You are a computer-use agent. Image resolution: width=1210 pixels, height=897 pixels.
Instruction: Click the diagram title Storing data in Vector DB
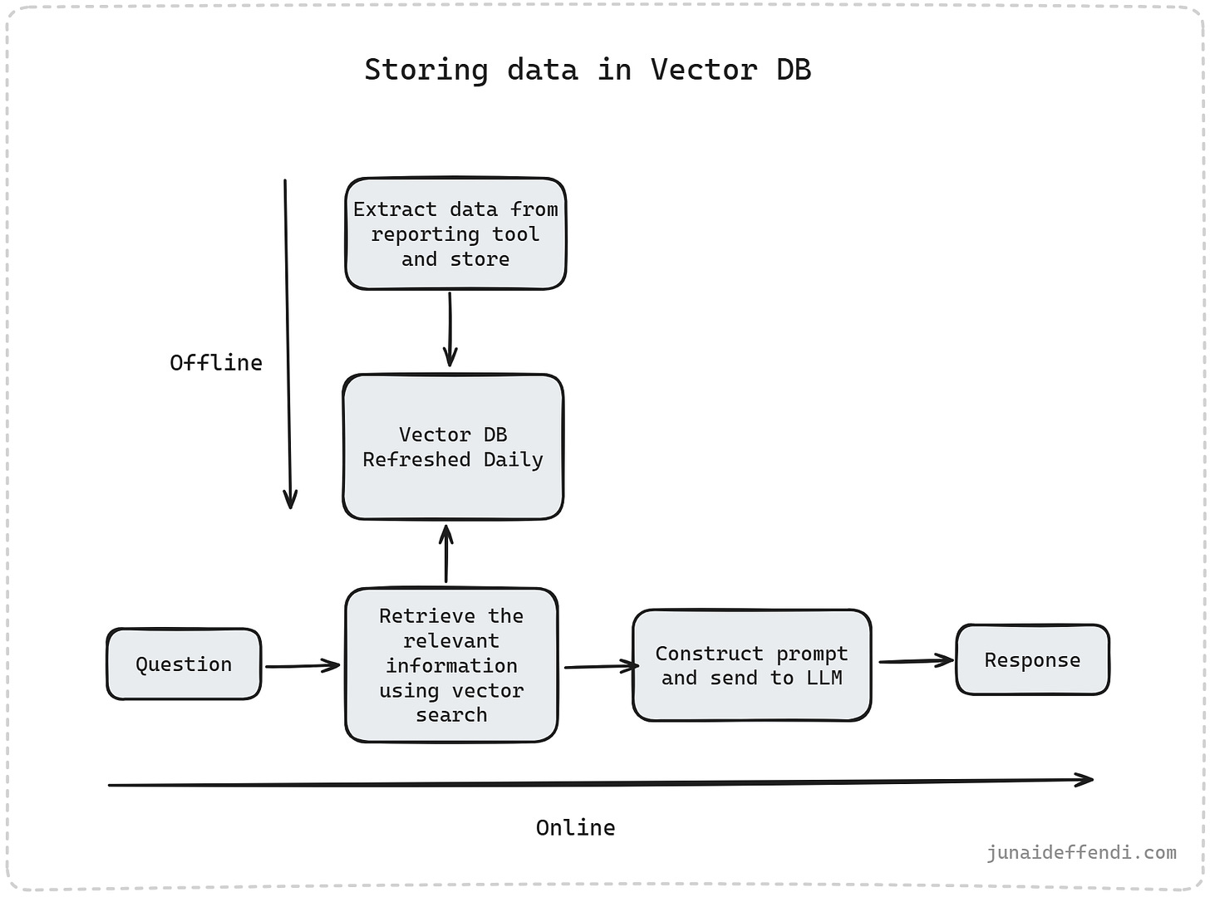point(588,70)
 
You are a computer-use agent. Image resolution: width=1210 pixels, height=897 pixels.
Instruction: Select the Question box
point(184,664)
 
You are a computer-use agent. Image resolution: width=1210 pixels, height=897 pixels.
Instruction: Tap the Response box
point(1032,660)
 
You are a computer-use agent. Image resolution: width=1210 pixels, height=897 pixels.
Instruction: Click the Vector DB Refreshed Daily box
point(453,447)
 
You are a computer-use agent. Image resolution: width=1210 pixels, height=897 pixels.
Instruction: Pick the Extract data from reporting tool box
point(455,234)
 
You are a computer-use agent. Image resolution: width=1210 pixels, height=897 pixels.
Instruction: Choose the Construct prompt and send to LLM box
point(751,666)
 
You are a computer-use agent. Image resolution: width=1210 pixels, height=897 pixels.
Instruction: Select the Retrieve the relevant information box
point(451,665)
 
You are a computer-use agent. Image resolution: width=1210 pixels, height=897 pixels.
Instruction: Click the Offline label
point(216,363)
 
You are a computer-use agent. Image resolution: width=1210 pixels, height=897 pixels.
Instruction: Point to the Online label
point(575,828)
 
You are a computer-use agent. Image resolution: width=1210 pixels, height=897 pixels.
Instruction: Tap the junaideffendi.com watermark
point(1081,852)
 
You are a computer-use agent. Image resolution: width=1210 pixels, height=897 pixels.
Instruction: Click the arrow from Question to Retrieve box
point(302,665)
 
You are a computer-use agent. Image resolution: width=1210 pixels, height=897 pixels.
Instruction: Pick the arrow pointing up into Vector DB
point(446,554)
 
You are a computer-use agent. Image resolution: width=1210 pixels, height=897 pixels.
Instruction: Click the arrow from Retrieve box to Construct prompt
point(601,666)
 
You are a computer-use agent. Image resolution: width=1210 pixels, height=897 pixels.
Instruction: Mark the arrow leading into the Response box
point(916,661)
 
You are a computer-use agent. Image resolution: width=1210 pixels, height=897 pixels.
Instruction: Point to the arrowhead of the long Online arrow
point(1085,779)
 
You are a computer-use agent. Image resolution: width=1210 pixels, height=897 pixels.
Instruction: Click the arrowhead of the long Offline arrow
point(290,499)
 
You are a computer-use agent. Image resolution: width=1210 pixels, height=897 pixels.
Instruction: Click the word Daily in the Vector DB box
point(513,460)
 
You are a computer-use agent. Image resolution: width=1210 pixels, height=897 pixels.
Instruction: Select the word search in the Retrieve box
point(451,715)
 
